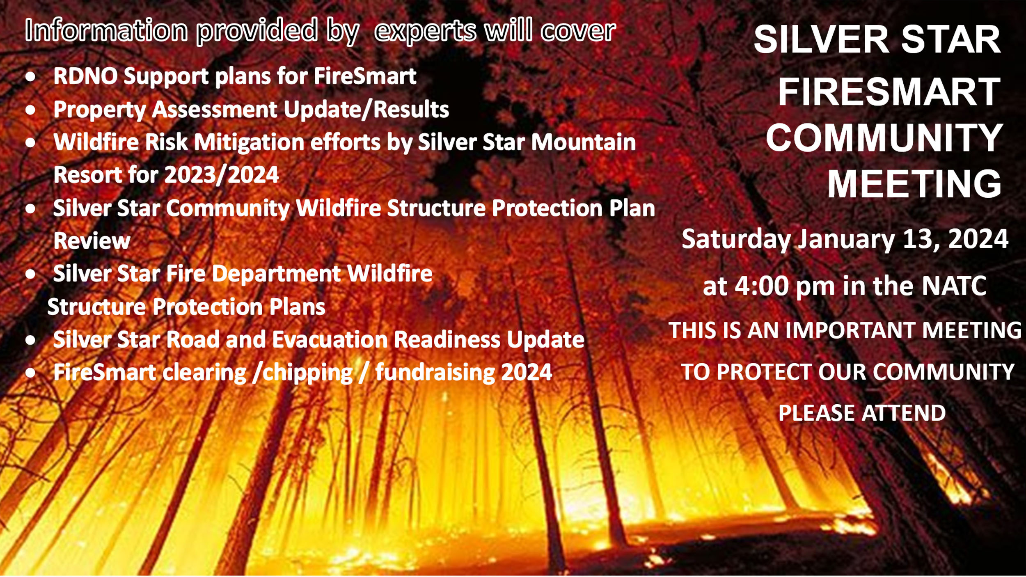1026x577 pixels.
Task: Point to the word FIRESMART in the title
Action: click(x=889, y=92)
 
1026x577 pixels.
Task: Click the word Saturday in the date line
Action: click(x=736, y=239)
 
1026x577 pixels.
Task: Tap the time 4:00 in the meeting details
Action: click(x=761, y=286)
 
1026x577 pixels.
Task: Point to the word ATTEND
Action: click(x=904, y=413)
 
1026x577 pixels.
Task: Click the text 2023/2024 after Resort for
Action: click(x=222, y=175)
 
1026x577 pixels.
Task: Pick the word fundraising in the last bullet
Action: click(x=434, y=373)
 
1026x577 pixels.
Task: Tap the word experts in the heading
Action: click(x=426, y=31)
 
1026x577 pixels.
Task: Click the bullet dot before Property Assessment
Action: click(x=30, y=110)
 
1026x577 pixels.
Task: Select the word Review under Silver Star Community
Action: click(x=92, y=241)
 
